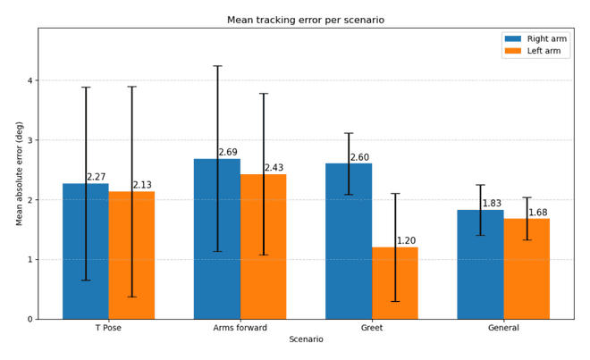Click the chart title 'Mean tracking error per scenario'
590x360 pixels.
point(306,20)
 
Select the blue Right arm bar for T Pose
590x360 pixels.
point(86,251)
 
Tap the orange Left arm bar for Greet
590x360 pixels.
point(395,283)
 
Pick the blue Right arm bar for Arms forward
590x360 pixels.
point(217,239)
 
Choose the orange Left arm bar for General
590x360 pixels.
point(527,269)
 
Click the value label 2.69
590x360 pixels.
point(228,153)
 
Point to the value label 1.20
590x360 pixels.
point(407,241)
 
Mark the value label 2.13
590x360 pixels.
point(142,185)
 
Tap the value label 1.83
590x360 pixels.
point(492,204)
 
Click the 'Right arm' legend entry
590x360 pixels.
point(535,38)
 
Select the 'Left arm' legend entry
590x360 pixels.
point(533,51)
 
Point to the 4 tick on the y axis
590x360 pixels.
point(30,80)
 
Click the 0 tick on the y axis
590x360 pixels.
point(30,320)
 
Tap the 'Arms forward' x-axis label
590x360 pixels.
point(240,328)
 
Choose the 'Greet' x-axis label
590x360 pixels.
point(372,328)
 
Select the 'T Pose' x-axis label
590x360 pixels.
point(108,328)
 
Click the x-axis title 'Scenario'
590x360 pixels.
point(306,339)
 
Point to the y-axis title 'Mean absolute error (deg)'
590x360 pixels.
point(19,173)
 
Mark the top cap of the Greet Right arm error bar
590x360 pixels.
point(349,133)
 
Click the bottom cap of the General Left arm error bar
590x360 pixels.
point(527,239)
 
